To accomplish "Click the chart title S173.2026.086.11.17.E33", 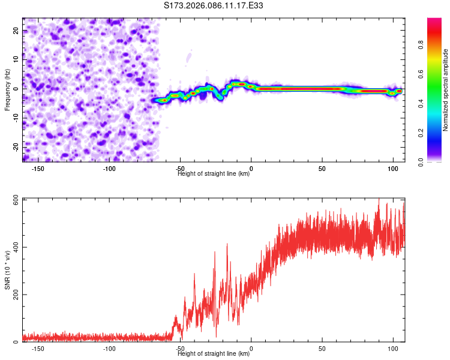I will click(214, 5).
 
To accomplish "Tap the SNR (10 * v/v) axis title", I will click(7, 270).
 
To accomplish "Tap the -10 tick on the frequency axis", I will click(16, 118).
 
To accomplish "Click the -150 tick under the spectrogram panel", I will click(38, 169).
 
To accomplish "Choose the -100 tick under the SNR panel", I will click(109, 349).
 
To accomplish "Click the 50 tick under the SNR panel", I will click(322, 349).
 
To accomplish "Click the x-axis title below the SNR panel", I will click(214, 354).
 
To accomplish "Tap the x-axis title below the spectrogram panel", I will click(214, 173).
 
